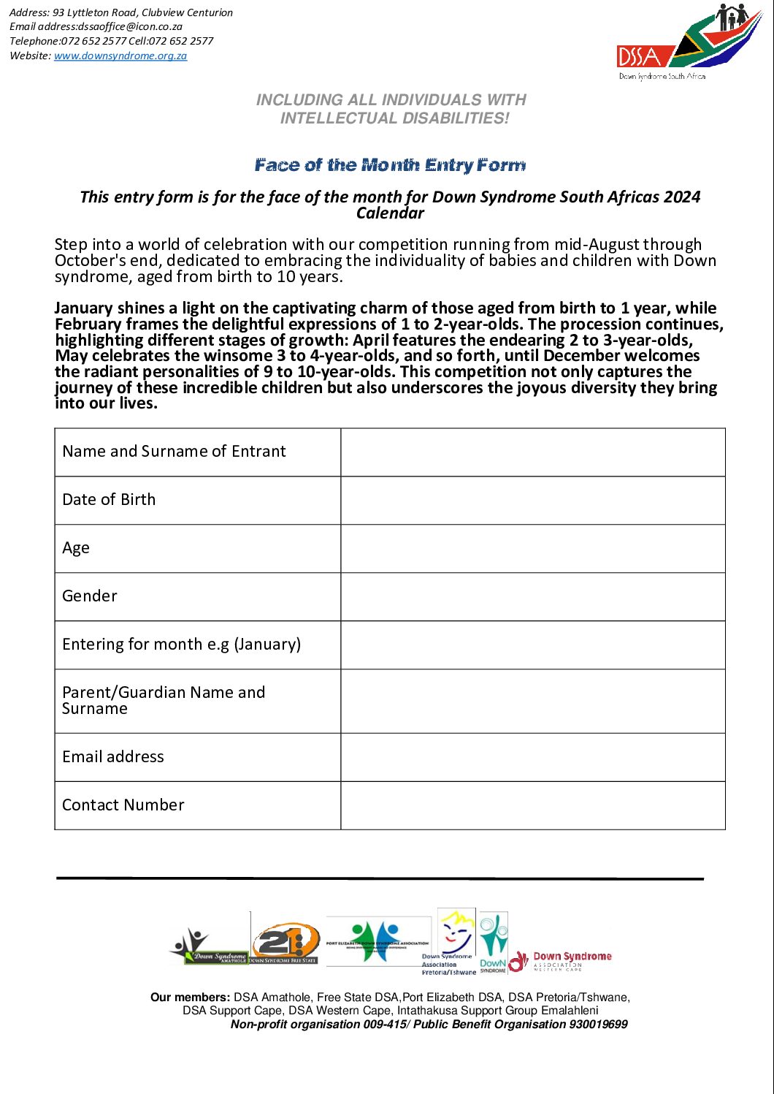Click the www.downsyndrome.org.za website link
[x=120, y=56]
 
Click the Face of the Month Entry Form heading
[x=390, y=165]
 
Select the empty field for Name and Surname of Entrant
[x=532, y=452]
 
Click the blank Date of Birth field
[x=532, y=501]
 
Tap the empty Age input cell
[x=532, y=549]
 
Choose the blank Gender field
[x=532, y=597]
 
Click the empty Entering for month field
[x=532, y=645]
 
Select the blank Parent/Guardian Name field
[x=532, y=701]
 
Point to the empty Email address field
[x=532, y=757]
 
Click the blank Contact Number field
[x=532, y=805]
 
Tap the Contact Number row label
[x=123, y=805]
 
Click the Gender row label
[x=90, y=596]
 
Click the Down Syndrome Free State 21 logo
[x=286, y=943]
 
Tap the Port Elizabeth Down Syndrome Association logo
[x=378, y=941]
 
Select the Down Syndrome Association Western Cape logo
[x=561, y=961]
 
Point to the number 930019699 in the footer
[x=598, y=1024]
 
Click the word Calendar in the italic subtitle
[x=390, y=213]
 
